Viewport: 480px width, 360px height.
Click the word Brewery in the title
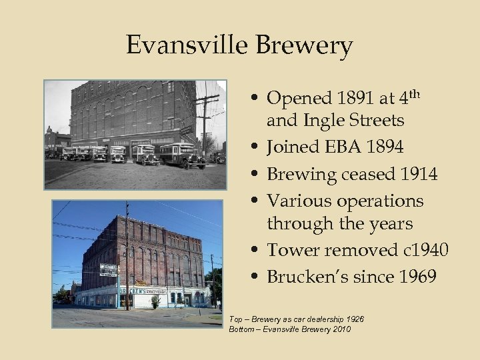(305, 46)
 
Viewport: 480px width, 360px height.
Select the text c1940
(423, 250)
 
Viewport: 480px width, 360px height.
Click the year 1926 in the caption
(353, 319)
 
